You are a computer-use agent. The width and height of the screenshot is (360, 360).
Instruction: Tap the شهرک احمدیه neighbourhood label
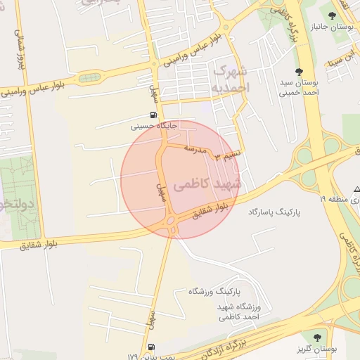tap(231, 79)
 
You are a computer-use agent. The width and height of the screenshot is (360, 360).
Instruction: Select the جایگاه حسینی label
tap(154, 127)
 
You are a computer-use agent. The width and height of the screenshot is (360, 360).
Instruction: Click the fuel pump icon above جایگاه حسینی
tap(153, 115)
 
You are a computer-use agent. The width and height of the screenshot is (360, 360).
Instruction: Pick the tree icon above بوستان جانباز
tap(345, 15)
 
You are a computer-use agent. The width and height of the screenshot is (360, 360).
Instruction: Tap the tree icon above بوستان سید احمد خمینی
tap(300, 72)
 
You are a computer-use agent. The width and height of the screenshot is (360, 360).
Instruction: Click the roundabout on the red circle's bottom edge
tap(171, 226)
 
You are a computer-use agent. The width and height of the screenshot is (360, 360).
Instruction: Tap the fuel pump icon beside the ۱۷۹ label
tap(153, 347)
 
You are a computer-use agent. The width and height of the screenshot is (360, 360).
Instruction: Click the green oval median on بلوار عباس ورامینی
tap(89, 77)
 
